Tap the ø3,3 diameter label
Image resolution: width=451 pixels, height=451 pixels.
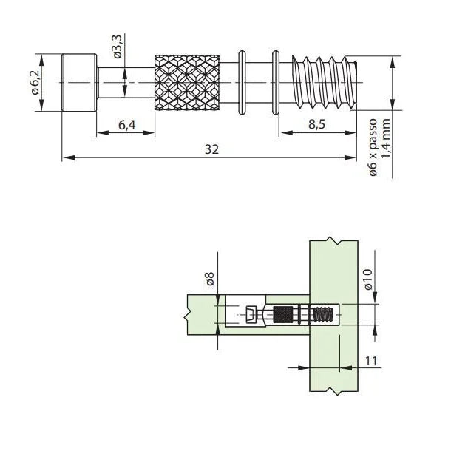[118, 50]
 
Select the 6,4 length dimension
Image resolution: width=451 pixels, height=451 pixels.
[126, 126]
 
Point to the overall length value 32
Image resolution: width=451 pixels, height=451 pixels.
[212, 149]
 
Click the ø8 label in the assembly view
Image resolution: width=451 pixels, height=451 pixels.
[209, 279]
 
